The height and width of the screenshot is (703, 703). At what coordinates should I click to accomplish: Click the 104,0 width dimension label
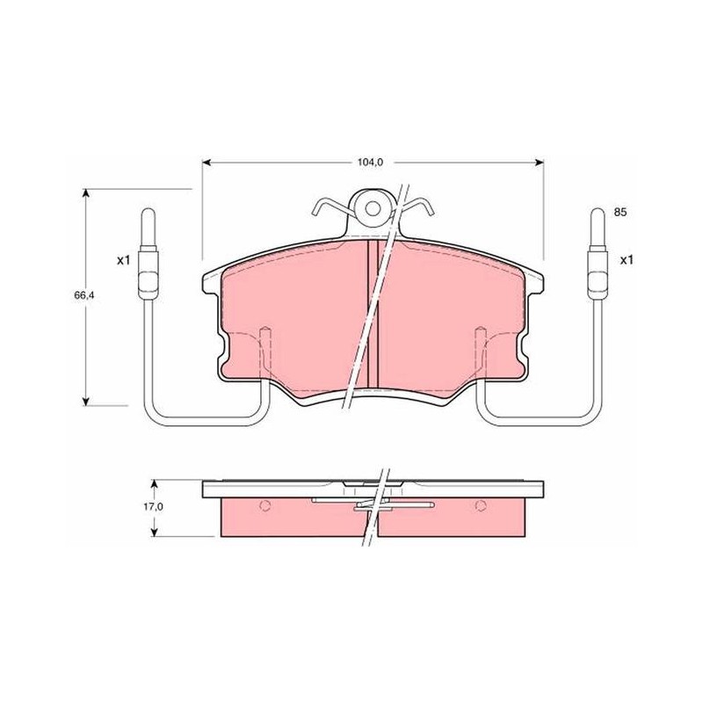pos(370,163)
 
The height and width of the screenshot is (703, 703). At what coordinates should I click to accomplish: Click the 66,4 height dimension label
pos(83,295)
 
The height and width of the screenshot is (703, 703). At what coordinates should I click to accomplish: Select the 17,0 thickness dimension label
pos(153,507)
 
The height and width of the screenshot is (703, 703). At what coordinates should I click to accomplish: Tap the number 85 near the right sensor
pos(620,213)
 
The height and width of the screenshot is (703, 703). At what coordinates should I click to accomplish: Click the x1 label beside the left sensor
pos(123,260)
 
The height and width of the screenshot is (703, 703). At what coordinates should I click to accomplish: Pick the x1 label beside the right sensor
pos(627,260)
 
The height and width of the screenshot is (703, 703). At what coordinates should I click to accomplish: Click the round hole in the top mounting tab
pos(372,208)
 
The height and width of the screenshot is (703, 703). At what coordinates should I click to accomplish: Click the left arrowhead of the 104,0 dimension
pos(206,163)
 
